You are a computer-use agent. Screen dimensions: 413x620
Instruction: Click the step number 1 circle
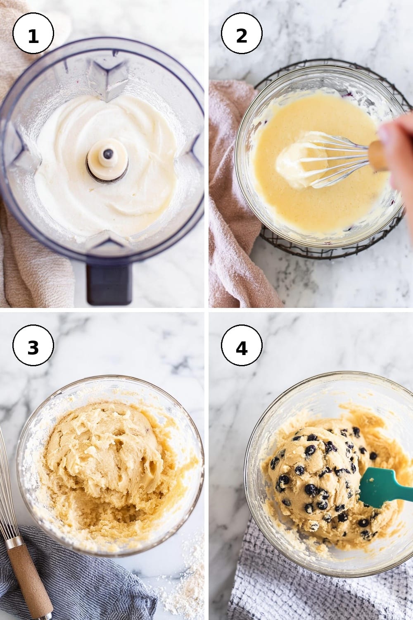click(33, 33)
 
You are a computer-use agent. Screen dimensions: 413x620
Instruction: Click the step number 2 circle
click(242, 33)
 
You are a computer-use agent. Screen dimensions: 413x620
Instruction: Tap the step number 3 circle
click(33, 345)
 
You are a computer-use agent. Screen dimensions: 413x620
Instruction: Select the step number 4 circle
click(242, 345)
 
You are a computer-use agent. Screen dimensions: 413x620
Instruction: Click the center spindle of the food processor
click(108, 160)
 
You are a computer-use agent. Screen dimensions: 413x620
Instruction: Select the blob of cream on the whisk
click(299, 160)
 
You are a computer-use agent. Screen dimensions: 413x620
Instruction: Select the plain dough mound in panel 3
click(102, 454)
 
